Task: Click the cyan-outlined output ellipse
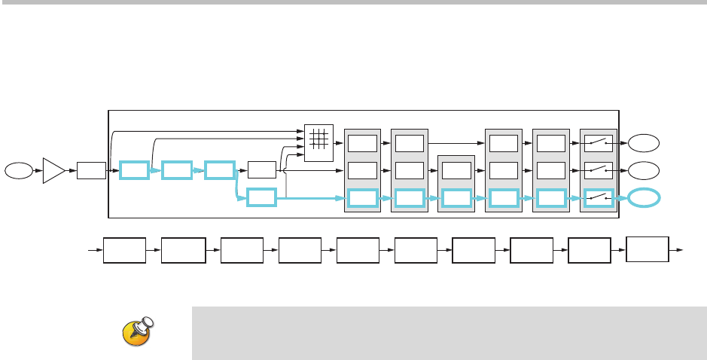(645, 198)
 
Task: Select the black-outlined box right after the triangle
(91, 171)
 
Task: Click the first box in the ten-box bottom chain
(124, 250)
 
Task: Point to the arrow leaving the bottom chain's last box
(678, 249)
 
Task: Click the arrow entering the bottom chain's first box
(96, 250)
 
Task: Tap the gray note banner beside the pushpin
(448, 333)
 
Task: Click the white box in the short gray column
(456, 170)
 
